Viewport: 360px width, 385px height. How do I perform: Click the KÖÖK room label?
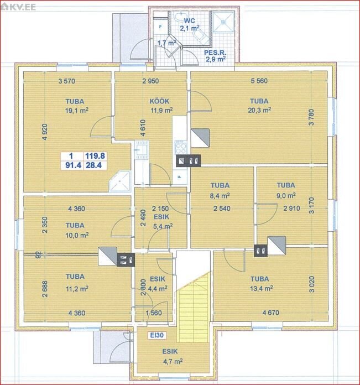click(159, 101)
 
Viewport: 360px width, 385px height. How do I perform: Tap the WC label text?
click(190, 20)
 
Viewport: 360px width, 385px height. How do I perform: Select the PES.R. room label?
click(215, 53)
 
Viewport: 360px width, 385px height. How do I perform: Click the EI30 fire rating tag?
click(157, 335)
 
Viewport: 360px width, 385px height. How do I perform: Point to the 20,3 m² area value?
click(259, 110)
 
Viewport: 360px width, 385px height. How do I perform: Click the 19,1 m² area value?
click(77, 111)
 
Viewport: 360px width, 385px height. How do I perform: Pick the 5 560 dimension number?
click(259, 81)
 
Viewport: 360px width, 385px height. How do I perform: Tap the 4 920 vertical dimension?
click(45, 132)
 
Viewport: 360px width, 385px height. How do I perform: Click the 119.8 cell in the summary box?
click(95, 155)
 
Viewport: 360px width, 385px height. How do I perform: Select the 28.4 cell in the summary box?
click(93, 165)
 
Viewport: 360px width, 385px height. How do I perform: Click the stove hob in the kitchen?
click(181, 147)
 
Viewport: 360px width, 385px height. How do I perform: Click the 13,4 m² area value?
click(262, 288)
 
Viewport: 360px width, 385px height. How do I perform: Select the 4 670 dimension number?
click(270, 313)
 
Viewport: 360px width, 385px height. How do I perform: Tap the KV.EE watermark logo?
click(18, 7)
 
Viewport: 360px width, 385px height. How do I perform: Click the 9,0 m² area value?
click(286, 196)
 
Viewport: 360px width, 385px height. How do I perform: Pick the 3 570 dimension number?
click(67, 81)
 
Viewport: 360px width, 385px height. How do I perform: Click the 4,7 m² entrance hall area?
click(173, 361)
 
